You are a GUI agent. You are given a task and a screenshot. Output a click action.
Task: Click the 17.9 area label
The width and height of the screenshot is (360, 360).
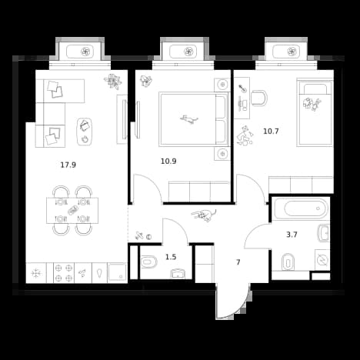[68, 165]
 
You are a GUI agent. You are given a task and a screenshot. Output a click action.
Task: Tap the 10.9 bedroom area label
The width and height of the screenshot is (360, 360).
[168, 162]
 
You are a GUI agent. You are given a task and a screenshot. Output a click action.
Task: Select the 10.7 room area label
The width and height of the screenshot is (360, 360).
[271, 132]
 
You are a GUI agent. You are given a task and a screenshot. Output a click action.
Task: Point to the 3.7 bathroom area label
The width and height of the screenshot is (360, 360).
[292, 235]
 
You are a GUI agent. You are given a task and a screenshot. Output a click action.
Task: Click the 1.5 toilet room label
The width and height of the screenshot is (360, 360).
[171, 257]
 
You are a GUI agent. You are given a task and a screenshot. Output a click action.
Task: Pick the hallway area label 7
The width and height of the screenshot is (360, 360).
[238, 262]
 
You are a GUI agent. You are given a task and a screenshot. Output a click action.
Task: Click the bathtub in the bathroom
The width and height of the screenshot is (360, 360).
[301, 208]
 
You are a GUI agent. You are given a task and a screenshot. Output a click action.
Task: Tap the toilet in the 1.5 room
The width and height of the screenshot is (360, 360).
[149, 262]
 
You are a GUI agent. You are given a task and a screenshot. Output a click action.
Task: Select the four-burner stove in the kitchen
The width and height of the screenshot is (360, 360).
[64, 273]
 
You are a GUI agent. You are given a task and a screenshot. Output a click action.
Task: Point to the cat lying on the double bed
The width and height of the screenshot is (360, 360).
[189, 119]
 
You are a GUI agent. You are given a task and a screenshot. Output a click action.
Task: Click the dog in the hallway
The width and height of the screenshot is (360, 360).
[204, 215]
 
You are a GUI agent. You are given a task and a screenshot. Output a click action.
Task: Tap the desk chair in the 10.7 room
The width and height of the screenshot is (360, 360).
[259, 98]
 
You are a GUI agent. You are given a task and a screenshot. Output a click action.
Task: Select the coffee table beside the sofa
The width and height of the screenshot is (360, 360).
[85, 132]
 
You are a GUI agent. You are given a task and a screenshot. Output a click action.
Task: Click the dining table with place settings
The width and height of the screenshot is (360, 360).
[72, 210]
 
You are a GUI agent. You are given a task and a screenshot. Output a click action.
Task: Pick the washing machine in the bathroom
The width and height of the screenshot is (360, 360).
[322, 260]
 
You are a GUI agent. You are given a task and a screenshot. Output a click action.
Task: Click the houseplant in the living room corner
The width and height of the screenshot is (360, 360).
[113, 82]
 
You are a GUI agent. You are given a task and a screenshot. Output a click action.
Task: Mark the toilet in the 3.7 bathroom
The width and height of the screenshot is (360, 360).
[288, 262]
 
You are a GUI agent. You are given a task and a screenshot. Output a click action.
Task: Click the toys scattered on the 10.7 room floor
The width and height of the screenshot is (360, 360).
[245, 136]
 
